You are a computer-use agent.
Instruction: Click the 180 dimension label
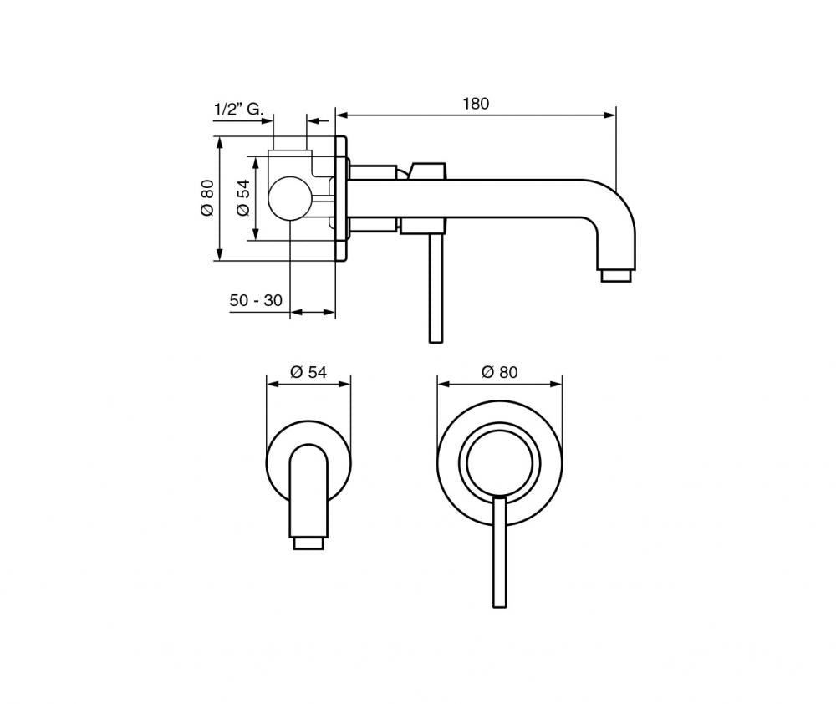[x=475, y=104]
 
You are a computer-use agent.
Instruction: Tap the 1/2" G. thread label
[x=239, y=110]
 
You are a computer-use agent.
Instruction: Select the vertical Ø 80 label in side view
[x=207, y=200]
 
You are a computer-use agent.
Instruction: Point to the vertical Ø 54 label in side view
[x=242, y=199]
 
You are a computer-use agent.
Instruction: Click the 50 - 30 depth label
[x=256, y=300]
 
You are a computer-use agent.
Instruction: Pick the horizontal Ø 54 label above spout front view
[x=308, y=373]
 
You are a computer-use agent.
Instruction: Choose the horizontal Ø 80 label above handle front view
[x=499, y=373]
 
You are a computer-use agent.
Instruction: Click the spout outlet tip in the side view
[x=616, y=275]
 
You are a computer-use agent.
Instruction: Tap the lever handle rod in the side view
[x=434, y=288]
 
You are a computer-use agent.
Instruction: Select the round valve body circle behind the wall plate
[x=289, y=197]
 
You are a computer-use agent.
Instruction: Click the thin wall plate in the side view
[x=340, y=199]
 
